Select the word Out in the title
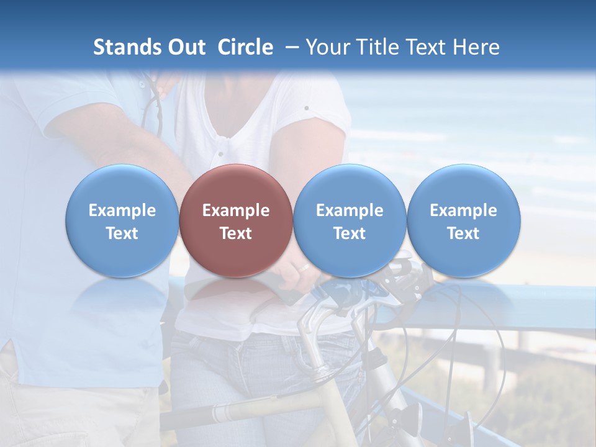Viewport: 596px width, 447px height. (x=186, y=47)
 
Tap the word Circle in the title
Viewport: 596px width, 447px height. (x=245, y=47)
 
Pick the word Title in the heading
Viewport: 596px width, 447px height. (x=373, y=47)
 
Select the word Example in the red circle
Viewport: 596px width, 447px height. (x=236, y=210)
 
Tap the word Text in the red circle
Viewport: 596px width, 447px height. (x=236, y=233)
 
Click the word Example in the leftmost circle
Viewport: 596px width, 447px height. (x=122, y=210)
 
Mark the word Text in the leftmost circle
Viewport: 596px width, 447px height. (x=122, y=233)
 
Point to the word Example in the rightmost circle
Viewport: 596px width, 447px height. (x=464, y=210)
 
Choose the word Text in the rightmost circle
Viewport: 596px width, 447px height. (x=464, y=233)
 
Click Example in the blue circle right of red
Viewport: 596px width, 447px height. (x=350, y=210)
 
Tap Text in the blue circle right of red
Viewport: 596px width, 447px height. (x=350, y=233)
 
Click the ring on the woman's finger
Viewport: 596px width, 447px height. (x=304, y=268)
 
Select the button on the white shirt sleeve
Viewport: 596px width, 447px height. (x=306, y=108)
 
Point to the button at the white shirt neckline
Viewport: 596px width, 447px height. (x=219, y=153)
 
